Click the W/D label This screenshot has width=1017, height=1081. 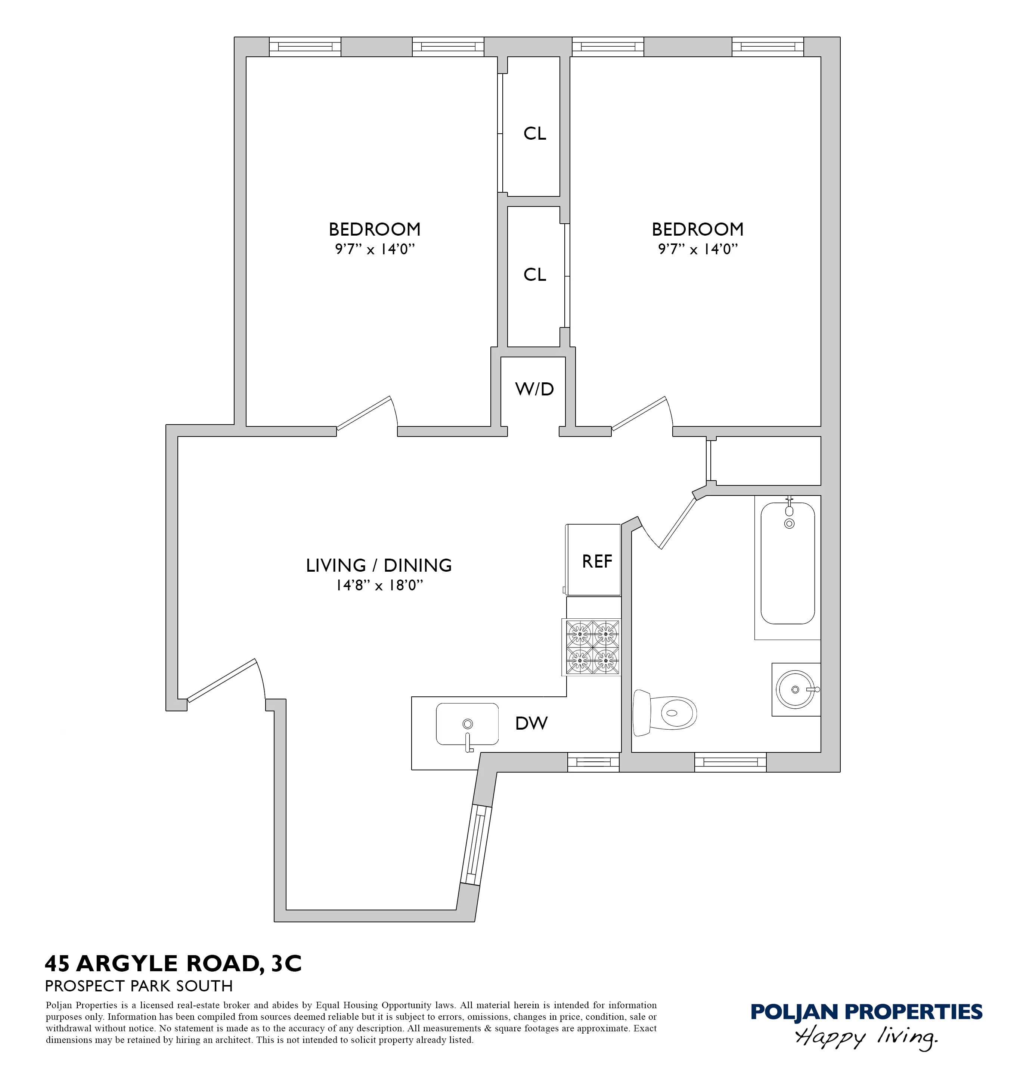534,389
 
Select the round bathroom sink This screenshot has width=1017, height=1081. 795,690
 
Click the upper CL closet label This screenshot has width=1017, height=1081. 534,134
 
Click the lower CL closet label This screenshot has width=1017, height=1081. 534,274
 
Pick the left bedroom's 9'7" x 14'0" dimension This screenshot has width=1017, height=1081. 375,249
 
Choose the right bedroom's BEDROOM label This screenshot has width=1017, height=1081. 697,230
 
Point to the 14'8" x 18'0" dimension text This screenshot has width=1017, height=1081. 379,585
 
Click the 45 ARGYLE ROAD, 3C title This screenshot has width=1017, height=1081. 173,963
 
